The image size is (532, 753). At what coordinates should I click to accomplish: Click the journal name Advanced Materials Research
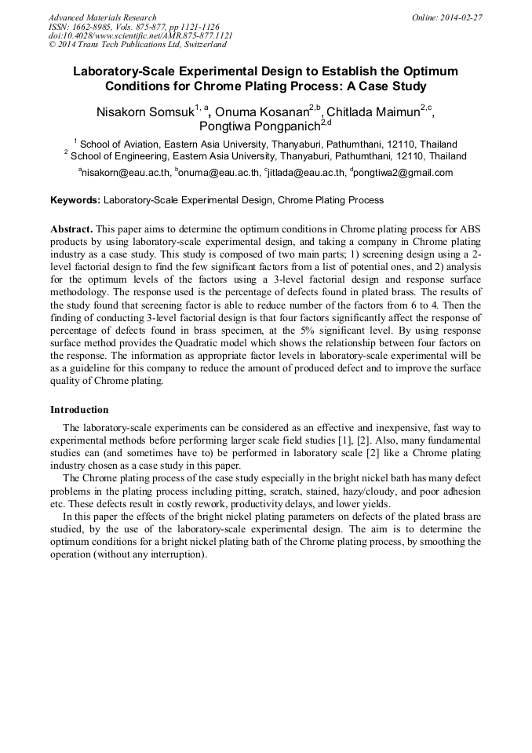pyautogui.click(x=102, y=17)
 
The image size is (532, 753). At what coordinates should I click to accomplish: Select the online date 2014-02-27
pyautogui.click(x=463, y=17)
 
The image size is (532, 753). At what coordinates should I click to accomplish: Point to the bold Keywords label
pyautogui.click(x=75, y=200)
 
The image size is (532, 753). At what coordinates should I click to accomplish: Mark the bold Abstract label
pyautogui.click(x=71, y=228)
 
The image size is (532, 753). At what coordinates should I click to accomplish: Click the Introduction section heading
pyautogui.click(x=79, y=410)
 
